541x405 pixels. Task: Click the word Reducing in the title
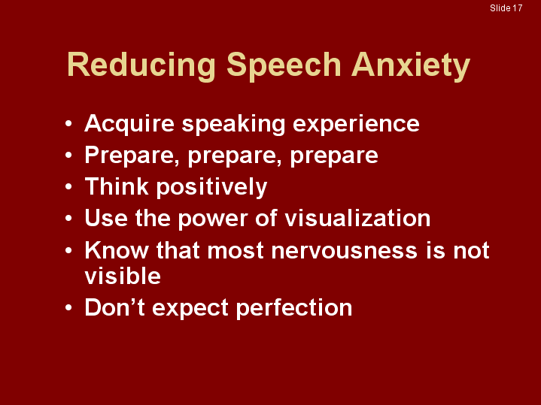tap(142, 65)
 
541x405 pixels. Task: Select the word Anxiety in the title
tap(411, 65)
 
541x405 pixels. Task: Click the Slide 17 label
tap(506, 8)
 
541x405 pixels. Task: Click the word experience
tap(357, 124)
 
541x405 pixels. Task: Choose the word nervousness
tap(339, 250)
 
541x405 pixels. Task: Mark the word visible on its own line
tap(123, 277)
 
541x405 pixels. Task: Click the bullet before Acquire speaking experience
tap(69, 124)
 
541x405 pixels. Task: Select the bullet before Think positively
tap(69, 186)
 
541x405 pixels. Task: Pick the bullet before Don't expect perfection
tap(69, 308)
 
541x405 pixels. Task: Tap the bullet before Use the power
tap(69, 219)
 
